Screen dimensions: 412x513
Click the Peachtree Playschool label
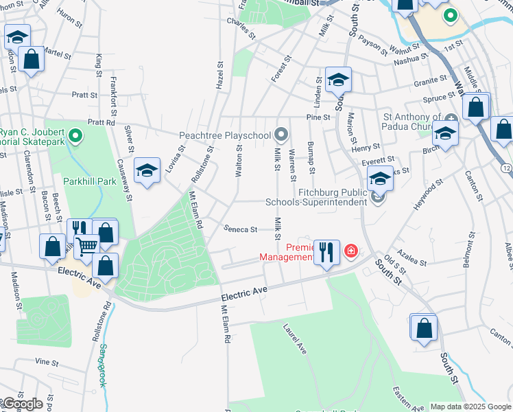pos(225,135)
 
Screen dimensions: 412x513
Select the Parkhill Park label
pos(90,182)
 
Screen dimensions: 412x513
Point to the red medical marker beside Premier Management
pos(351,251)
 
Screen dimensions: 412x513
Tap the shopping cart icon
pos(86,245)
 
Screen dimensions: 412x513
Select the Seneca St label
pos(240,229)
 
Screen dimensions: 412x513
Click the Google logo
pos(22,404)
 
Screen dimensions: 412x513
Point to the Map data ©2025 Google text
pos(470,407)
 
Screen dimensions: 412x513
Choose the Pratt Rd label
pos(102,122)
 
